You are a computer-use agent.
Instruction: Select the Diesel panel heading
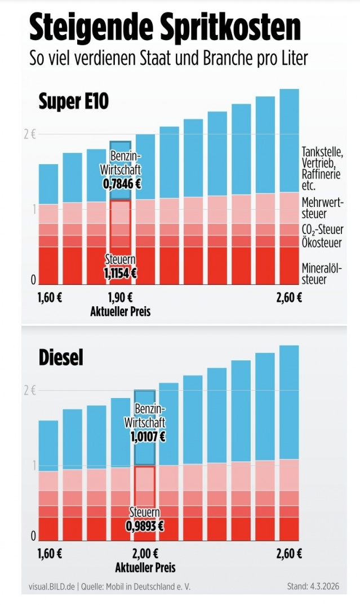[61, 357]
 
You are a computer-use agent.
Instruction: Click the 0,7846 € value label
[121, 183]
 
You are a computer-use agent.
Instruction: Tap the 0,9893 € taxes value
[145, 525]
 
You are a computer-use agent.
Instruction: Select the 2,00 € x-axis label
[145, 553]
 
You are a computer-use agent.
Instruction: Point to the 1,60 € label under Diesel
[50, 553]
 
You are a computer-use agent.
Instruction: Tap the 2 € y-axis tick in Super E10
[30, 134]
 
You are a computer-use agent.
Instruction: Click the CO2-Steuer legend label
[323, 230]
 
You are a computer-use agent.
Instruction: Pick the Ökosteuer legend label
[321, 244]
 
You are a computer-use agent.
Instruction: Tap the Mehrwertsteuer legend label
[322, 208]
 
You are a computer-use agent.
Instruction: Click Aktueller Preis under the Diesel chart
[145, 567]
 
